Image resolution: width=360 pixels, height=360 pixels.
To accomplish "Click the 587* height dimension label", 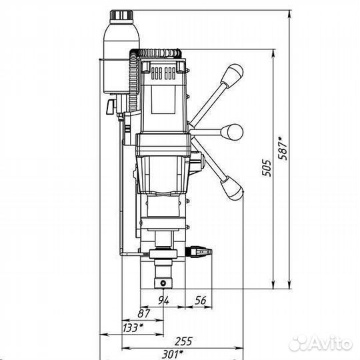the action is click(283, 148).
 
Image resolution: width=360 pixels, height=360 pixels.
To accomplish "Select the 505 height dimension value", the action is click(267, 168).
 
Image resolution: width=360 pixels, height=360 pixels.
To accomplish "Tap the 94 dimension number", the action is click(164, 300).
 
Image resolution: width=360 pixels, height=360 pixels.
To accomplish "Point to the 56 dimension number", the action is click(201, 300).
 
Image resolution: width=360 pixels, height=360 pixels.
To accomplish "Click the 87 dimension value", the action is click(144, 313).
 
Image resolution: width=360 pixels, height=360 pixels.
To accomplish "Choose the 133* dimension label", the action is click(133, 327).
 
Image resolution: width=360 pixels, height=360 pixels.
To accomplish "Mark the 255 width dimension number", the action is click(183, 341).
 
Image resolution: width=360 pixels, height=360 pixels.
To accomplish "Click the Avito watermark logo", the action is click(321, 344).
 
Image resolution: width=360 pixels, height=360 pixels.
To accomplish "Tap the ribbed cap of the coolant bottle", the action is click(121, 15).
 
